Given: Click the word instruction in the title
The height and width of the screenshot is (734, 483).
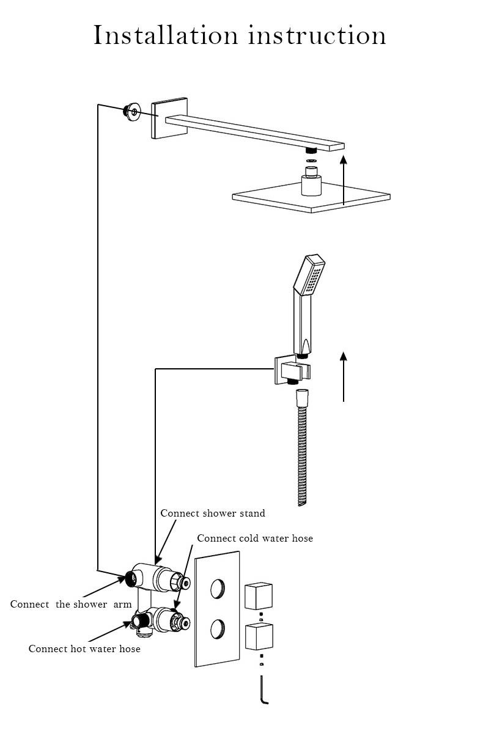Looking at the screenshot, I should click(x=317, y=35).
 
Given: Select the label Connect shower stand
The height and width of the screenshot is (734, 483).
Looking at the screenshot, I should click(x=213, y=513).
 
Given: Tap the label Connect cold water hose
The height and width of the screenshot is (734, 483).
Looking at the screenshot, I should click(x=255, y=538).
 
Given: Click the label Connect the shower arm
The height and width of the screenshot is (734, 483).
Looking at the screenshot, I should click(x=71, y=604).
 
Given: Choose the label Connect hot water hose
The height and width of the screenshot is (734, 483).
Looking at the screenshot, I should click(x=84, y=649).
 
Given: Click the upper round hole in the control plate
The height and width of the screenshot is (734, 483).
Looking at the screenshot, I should click(x=217, y=589).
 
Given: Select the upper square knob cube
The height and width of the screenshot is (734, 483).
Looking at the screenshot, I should click(x=258, y=597).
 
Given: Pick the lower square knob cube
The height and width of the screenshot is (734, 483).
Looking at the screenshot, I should click(x=258, y=637).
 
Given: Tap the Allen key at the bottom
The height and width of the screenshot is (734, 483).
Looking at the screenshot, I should click(x=263, y=690).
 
